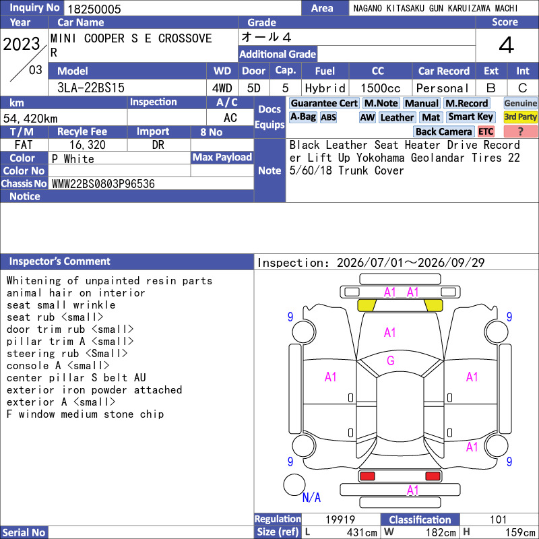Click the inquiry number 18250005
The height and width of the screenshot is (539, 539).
[94, 9]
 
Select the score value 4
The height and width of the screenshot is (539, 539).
[507, 45]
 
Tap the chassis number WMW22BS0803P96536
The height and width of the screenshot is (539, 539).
[103, 184]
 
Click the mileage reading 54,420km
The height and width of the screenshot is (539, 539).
[30, 119]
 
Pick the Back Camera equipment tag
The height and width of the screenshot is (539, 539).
[444, 131]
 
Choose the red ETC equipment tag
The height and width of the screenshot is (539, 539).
[486, 131]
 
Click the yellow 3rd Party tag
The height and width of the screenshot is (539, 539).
[520, 117]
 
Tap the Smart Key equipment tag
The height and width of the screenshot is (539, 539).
[471, 117]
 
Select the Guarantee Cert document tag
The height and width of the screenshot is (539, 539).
[324, 103]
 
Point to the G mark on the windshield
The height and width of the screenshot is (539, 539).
[391, 360]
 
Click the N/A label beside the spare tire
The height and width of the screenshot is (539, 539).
[311, 497]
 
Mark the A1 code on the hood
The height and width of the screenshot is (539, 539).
[390, 332]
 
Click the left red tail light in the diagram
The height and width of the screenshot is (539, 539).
[367, 476]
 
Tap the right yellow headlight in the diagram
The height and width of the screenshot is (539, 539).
[433, 305]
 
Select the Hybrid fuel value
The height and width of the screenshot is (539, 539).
[325, 88]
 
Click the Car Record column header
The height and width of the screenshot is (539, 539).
[444, 71]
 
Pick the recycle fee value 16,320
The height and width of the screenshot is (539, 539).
[88, 145]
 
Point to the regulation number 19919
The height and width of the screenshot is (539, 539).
[340, 519]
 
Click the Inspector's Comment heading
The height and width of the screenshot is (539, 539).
[60, 261]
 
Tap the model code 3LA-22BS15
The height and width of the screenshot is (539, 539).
[91, 88]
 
